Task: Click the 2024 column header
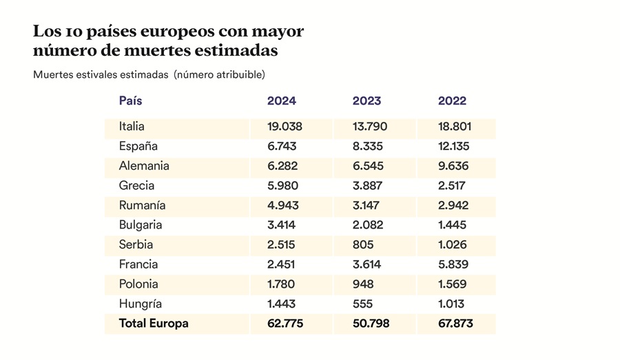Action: pyautogui.click(x=282, y=100)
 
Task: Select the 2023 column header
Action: pyautogui.click(x=367, y=100)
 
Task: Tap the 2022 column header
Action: pyautogui.click(x=452, y=100)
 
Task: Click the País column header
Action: pyautogui.click(x=131, y=100)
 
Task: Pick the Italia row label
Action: pyautogui.click(x=132, y=127)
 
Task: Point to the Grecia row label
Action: pyautogui.click(x=136, y=186)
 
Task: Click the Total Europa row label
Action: pyautogui.click(x=154, y=324)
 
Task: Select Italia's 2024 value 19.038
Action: pyautogui.click(x=285, y=127)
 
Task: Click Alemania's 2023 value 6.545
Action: pyautogui.click(x=368, y=166)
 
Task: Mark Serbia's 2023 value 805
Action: pyautogui.click(x=362, y=244)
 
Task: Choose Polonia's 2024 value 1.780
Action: pyautogui.click(x=282, y=284)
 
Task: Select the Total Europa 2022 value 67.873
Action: pyautogui.click(x=455, y=324)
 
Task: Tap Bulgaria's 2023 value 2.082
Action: pyautogui.click(x=368, y=225)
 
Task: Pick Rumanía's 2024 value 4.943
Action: pyautogui.click(x=282, y=205)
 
